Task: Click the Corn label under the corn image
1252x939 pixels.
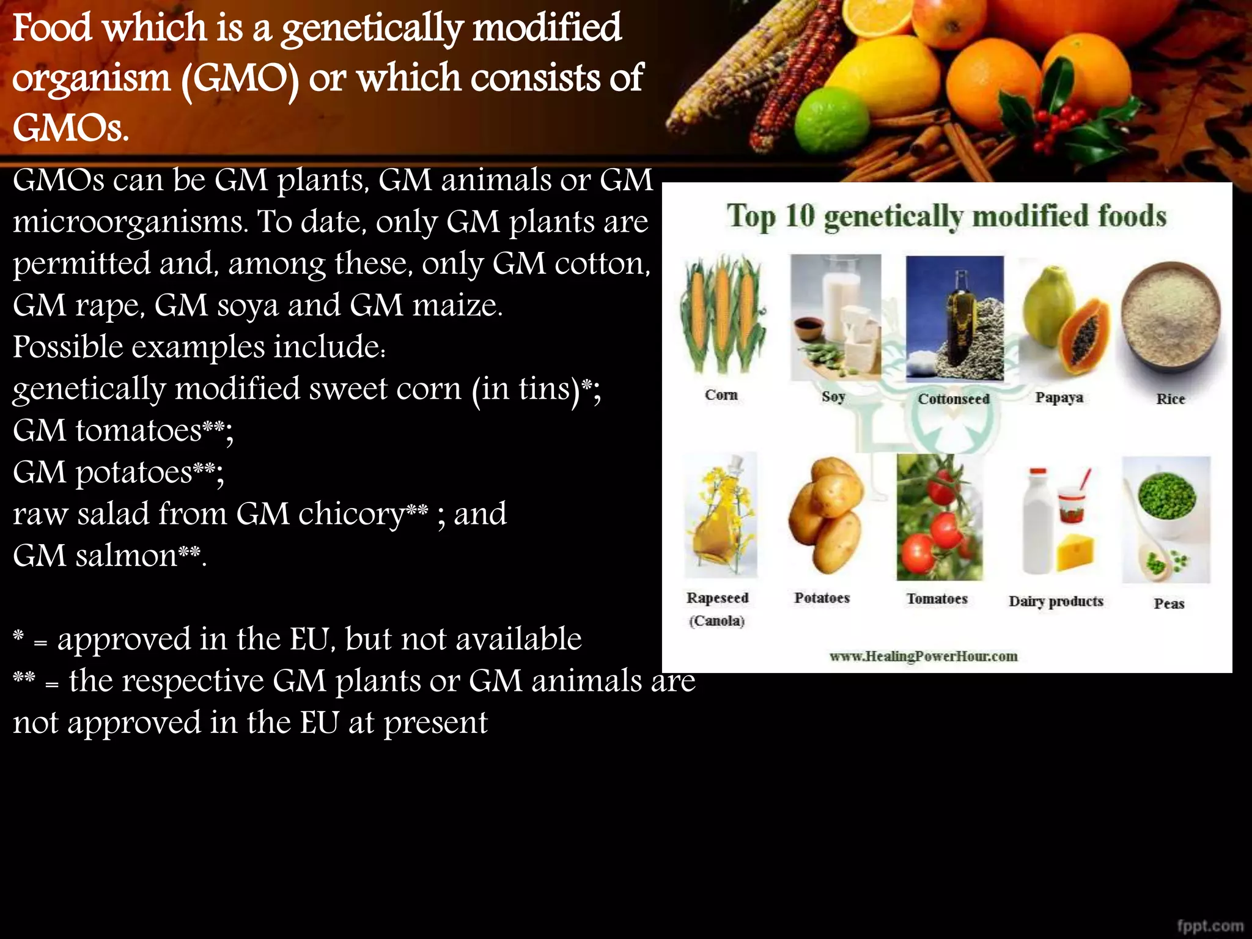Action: pos(721,395)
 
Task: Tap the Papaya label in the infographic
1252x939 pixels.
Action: pos(1059,398)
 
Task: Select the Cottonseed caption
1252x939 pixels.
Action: pos(953,399)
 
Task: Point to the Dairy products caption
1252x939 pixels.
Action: pos(1056,602)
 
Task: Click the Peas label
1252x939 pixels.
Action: pos(1169,604)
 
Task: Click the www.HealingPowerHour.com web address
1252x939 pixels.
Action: pos(923,657)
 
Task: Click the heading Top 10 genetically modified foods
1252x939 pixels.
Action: pos(946,216)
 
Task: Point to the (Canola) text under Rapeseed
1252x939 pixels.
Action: pos(717,622)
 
